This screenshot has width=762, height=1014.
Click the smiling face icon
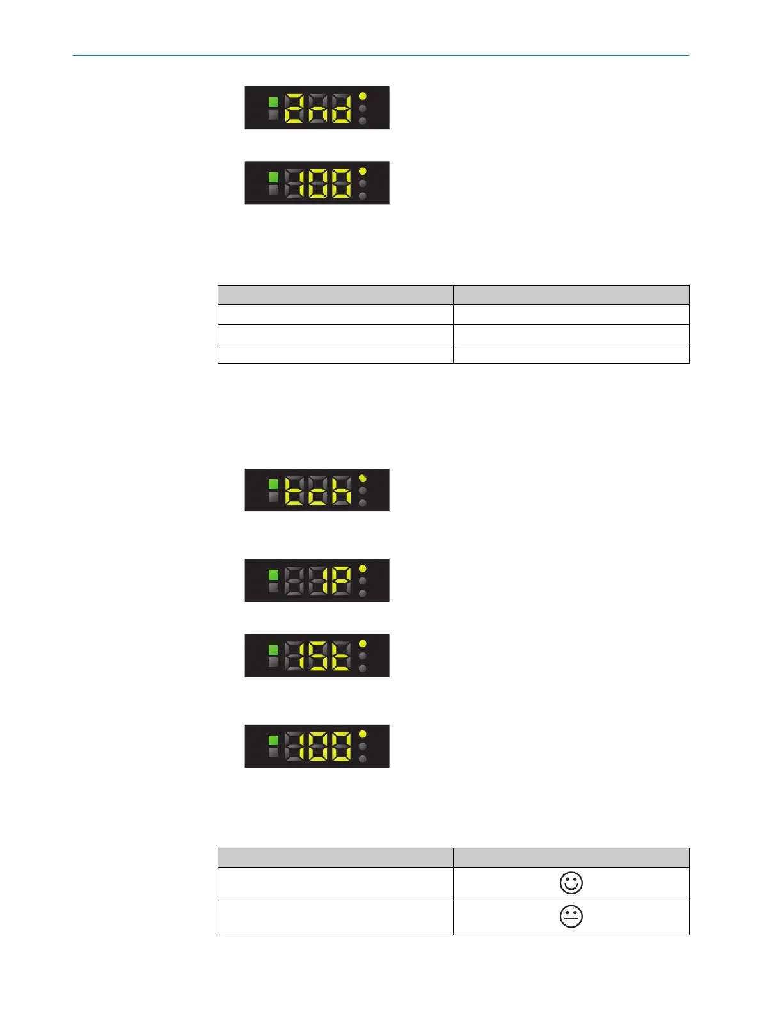pos(571,883)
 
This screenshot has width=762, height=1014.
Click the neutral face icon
pos(571,917)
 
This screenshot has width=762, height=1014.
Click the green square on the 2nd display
pos(273,102)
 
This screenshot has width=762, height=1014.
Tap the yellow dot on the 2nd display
pos(363,96)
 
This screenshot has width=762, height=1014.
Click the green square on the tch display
pos(273,484)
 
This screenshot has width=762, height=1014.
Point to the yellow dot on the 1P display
pos(363,568)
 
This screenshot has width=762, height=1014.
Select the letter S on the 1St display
pos(317,656)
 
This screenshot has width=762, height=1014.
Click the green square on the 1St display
pos(273,650)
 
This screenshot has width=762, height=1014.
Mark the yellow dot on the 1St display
pos(363,643)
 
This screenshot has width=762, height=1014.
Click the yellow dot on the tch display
pos(363,478)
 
